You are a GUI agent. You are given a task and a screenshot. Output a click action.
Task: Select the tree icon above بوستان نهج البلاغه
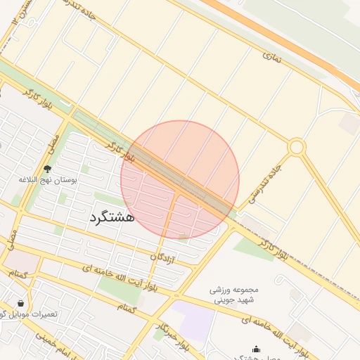47,169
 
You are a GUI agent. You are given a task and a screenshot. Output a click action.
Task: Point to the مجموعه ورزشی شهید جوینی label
235,295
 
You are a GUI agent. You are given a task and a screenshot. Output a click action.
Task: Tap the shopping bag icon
20,303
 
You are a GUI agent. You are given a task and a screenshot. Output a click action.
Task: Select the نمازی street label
272,58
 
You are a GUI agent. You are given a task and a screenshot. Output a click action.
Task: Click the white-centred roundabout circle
296,147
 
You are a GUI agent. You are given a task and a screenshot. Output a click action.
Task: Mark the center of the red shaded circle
180,180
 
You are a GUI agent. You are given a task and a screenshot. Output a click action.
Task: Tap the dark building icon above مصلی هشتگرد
256,349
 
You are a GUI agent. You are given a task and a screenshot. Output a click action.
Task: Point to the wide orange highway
281,32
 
